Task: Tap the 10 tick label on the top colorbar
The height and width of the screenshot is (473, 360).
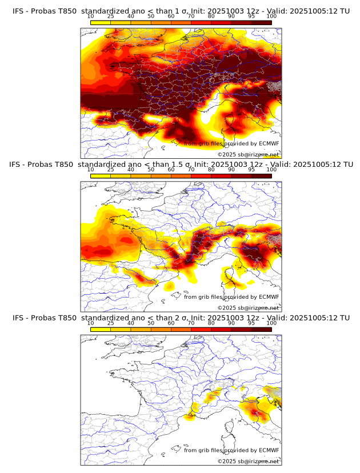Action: (x=91, y=16)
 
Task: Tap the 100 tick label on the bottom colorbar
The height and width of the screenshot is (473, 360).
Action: (x=272, y=323)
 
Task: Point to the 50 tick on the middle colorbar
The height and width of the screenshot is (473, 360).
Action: (x=151, y=170)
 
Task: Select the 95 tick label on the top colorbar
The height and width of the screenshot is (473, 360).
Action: (x=251, y=16)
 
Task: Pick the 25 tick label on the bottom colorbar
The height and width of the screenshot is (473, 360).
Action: (x=111, y=323)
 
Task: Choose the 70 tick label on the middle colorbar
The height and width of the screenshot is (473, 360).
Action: (x=191, y=170)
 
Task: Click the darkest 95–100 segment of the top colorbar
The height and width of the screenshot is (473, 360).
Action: (x=262, y=22)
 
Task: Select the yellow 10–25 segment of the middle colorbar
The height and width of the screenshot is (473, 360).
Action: (x=101, y=176)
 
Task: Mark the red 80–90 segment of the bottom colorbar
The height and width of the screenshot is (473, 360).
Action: (x=221, y=329)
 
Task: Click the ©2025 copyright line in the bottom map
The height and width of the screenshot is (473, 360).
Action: (x=248, y=461)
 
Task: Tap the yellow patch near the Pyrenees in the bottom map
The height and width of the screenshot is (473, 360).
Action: (x=190, y=418)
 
